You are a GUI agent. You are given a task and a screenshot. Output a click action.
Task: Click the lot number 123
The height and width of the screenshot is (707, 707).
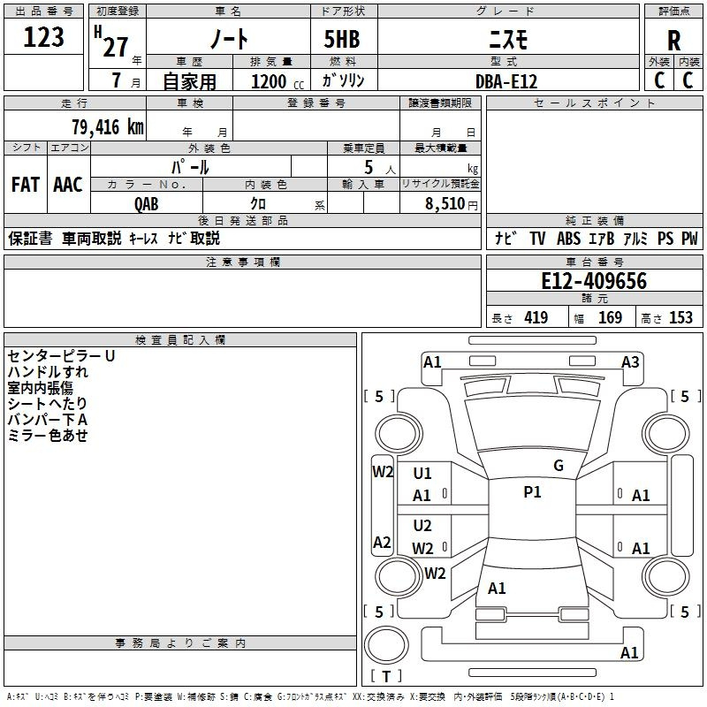coord(43,37)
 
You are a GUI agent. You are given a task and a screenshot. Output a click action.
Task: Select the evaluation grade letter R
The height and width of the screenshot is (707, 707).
coord(673,41)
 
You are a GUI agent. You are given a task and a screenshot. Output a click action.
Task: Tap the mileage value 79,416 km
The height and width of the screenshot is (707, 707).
coord(108,127)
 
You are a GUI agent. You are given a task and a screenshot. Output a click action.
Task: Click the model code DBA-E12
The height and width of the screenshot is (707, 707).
coord(506,81)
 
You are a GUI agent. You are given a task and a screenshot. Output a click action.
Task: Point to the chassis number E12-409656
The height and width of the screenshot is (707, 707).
coord(594,281)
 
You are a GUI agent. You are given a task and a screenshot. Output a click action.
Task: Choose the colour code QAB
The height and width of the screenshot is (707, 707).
coord(147,204)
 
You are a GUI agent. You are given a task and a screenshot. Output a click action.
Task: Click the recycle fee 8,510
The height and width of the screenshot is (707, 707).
coord(445,204)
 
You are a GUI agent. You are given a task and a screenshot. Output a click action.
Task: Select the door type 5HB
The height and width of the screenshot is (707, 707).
coord(342,39)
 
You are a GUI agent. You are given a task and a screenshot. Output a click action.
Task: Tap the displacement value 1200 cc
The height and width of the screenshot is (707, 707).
coord(277,81)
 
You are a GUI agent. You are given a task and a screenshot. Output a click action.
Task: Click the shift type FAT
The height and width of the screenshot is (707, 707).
coord(26,185)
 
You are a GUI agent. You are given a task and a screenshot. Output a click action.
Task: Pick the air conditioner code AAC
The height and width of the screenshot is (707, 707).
coord(68,185)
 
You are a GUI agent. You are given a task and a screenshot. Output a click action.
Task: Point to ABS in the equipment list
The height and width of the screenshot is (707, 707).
coord(568,239)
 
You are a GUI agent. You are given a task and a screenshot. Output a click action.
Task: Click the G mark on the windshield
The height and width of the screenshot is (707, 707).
coord(559,466)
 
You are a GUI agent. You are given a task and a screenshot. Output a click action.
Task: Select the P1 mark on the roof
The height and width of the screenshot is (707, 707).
coord(532,492)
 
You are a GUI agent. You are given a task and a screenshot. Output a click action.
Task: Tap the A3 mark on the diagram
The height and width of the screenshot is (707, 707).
coord(630,362)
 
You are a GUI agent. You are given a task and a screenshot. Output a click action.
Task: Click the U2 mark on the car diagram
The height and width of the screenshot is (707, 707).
coord(422,525)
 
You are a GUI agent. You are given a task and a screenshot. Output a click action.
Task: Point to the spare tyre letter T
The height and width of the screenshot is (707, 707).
coord(386,676)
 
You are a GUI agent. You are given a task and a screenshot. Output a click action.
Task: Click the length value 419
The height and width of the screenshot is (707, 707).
coord(536,317)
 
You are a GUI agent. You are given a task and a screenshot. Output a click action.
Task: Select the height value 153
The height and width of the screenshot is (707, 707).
coord(680,317)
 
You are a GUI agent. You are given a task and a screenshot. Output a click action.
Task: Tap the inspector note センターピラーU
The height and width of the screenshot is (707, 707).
coord(61,356)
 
